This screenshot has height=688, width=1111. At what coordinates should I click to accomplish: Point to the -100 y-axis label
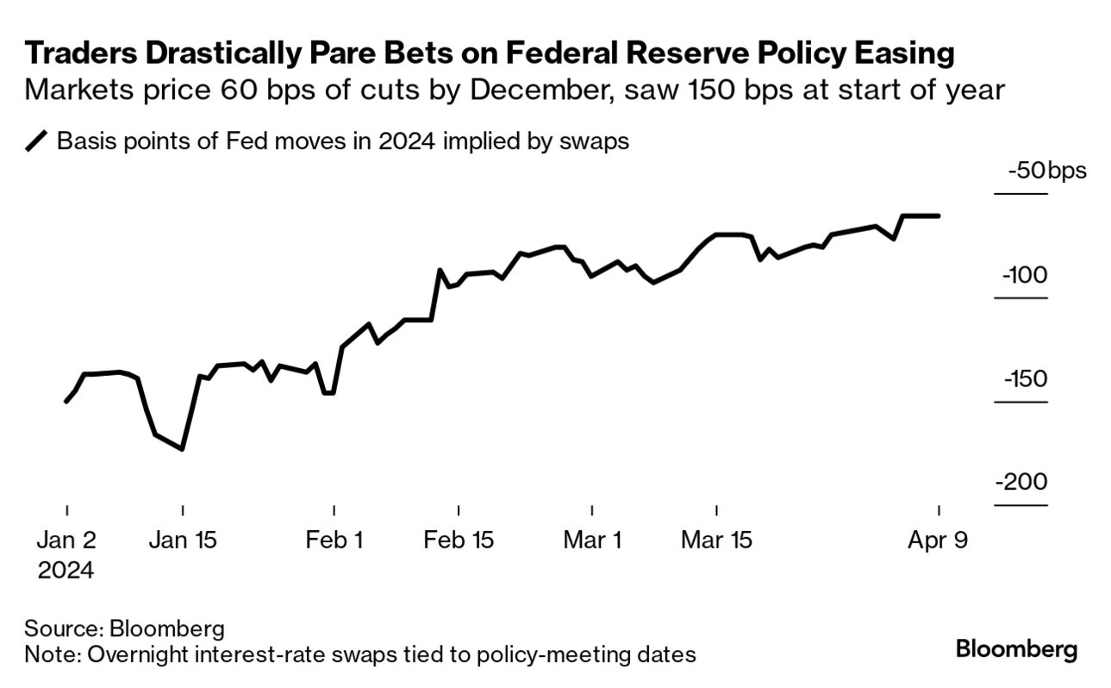click(1024, 275)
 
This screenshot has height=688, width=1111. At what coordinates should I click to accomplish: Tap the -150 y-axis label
click(1024, 379)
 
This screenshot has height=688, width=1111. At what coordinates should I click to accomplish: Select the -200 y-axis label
click(1022, 482)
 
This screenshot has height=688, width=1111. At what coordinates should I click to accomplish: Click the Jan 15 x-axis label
click(183, 541)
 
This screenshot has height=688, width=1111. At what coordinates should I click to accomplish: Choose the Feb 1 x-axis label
click(334, 541)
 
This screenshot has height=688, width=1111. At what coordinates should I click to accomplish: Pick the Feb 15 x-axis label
click(459, 541)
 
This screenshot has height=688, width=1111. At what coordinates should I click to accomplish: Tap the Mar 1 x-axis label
click(592, 541)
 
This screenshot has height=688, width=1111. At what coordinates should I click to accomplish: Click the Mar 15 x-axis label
click(716, 541)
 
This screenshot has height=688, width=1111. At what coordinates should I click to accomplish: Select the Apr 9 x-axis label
click(938, 541)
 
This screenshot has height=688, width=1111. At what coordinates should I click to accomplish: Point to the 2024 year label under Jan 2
click(66, 570)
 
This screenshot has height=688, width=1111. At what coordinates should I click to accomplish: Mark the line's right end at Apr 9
click(939, 216)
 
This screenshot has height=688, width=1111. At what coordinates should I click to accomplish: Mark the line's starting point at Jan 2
click(66, 402)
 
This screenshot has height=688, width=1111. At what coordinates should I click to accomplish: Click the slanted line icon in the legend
click(38, 141)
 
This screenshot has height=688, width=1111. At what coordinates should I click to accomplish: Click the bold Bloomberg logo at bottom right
click(1016, 648)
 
